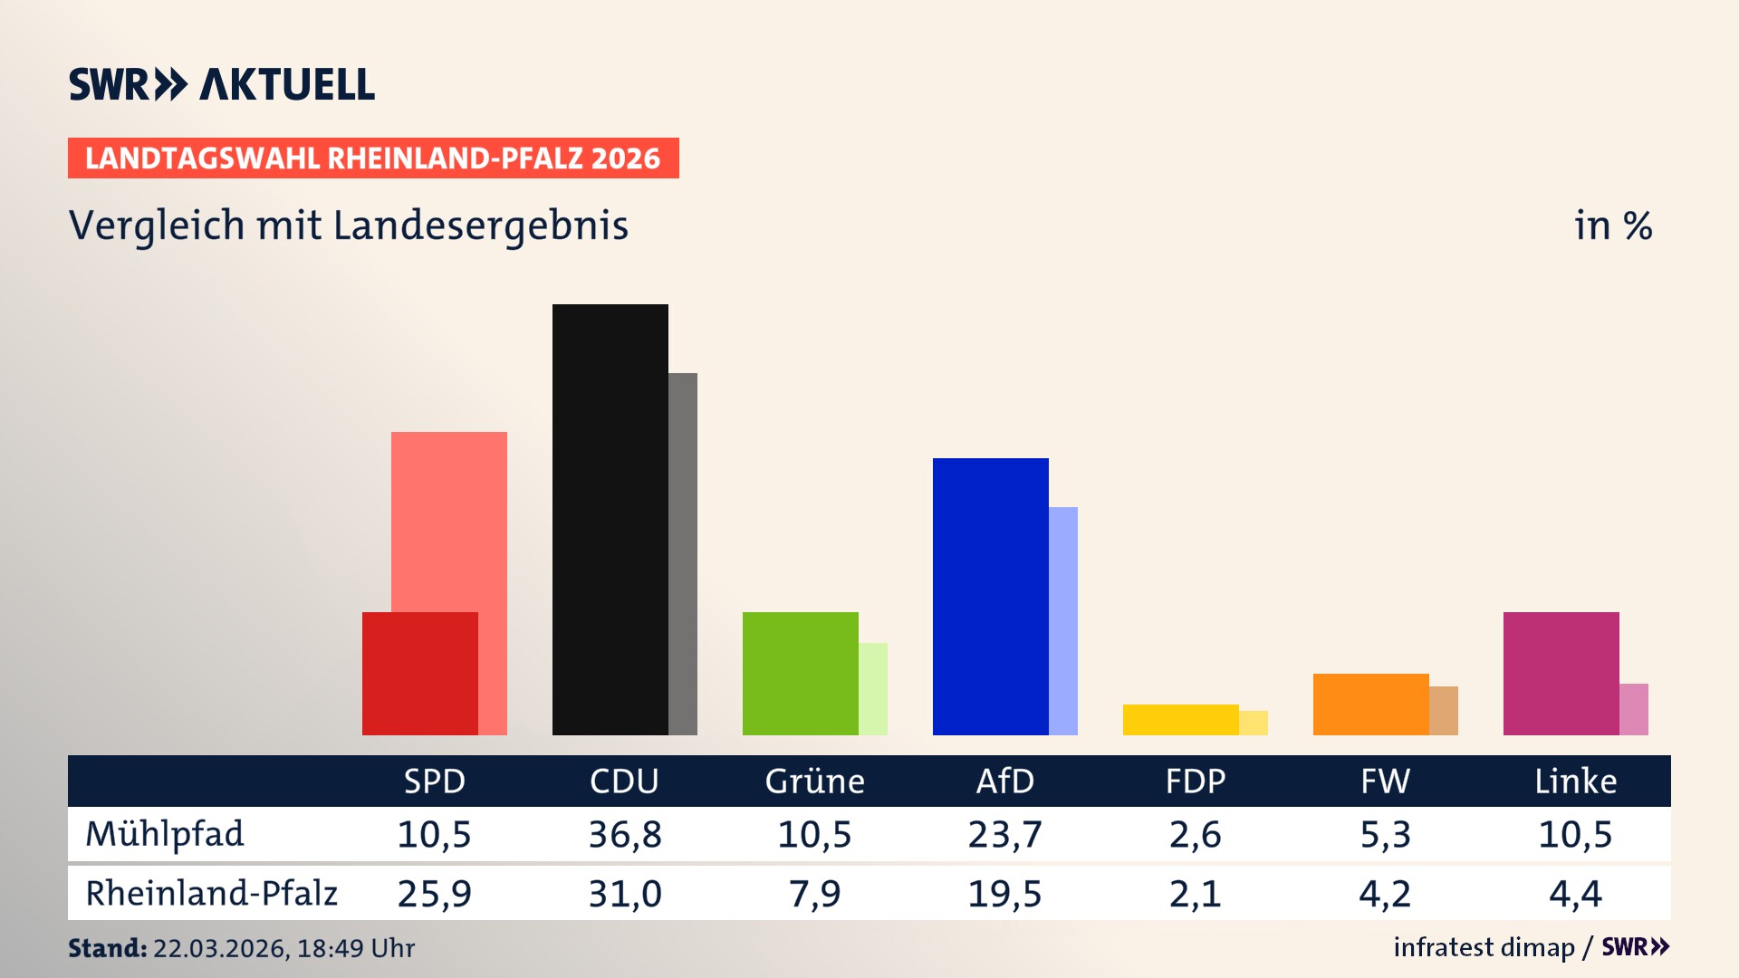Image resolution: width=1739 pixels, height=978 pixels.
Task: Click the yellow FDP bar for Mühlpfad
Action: tap(1180, 720)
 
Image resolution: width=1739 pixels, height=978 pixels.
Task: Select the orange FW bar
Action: tap(1370, 705)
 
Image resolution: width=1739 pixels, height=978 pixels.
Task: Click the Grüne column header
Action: tap(814, 781)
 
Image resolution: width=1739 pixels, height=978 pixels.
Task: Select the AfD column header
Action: tap(1004, 781)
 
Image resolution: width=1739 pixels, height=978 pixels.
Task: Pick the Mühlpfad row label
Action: tap(165, 834)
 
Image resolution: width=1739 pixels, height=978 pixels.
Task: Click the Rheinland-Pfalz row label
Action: tap(211, 894)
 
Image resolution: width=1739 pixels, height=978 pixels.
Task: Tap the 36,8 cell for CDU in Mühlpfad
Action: tap(625, 834)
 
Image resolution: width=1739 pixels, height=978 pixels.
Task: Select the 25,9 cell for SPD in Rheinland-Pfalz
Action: tap(434, 894)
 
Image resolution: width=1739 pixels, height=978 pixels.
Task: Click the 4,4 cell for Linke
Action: tap(1575, 894)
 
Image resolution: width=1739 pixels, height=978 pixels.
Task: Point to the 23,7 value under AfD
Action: tap(1004, 834)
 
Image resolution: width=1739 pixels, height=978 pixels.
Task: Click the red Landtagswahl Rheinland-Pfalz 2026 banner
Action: tap(373, 158)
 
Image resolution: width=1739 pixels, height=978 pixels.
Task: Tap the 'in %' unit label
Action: tap(1613, 225)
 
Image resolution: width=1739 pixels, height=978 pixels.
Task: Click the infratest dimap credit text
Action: tap(1484, 947)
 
